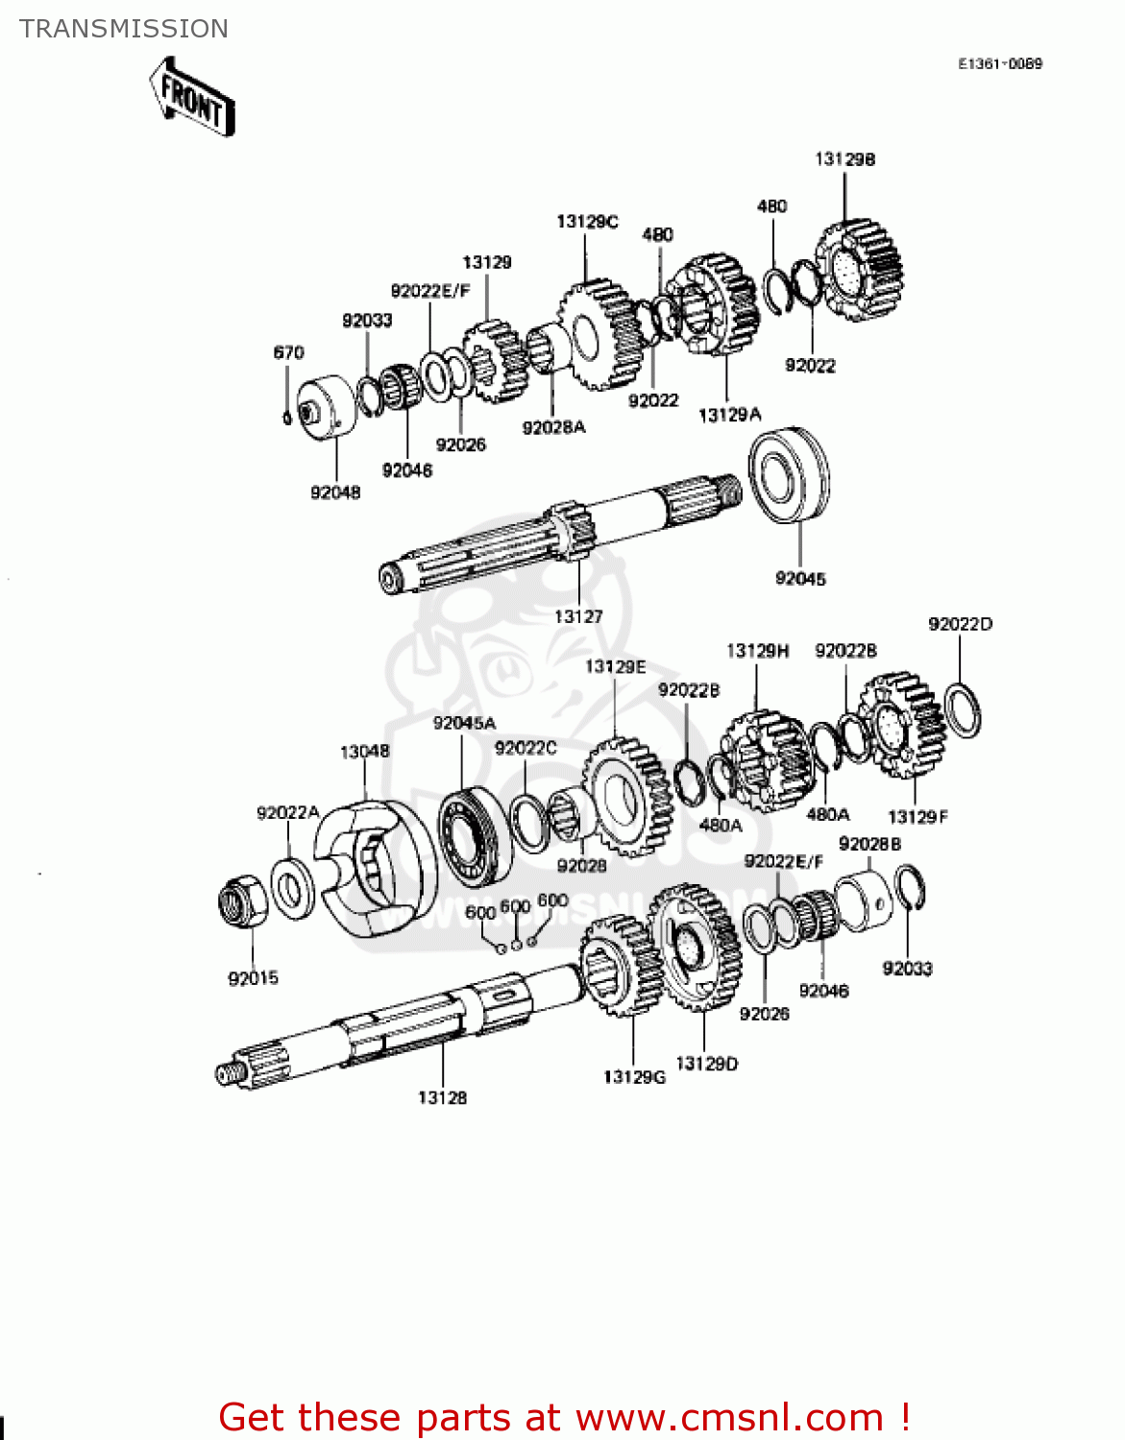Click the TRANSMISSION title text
pos(124,29)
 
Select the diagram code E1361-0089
pos(999,63)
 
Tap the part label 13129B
pos(844,159)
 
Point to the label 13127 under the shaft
pos(578,616)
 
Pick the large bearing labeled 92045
pos(790,475)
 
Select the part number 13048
pos(364,751)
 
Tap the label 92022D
pos(960,624)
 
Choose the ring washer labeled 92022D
pos(963,711)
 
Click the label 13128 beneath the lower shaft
pos(442,1097)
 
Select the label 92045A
pos(464,723)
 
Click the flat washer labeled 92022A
pos(292,887)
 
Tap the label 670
pos(288,352)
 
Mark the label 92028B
pos(869,844)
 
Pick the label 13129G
pos(634,1077)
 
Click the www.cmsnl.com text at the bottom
pos(729,1417)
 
